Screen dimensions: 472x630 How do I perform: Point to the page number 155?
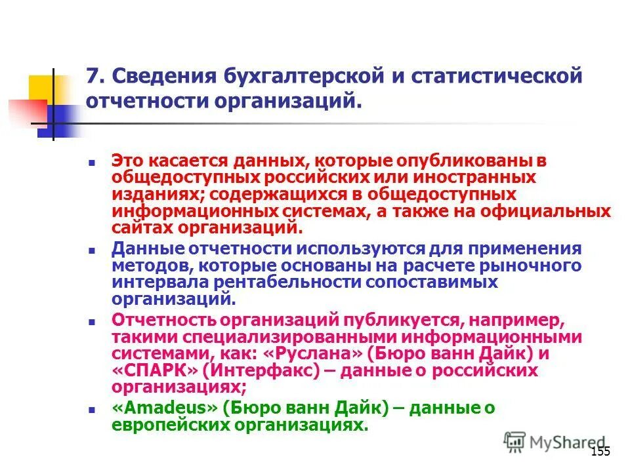(x=600, y=451)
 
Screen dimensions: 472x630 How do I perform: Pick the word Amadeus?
(x=165, y=408)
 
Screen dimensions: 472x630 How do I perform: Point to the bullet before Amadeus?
(x=93, y=408)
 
